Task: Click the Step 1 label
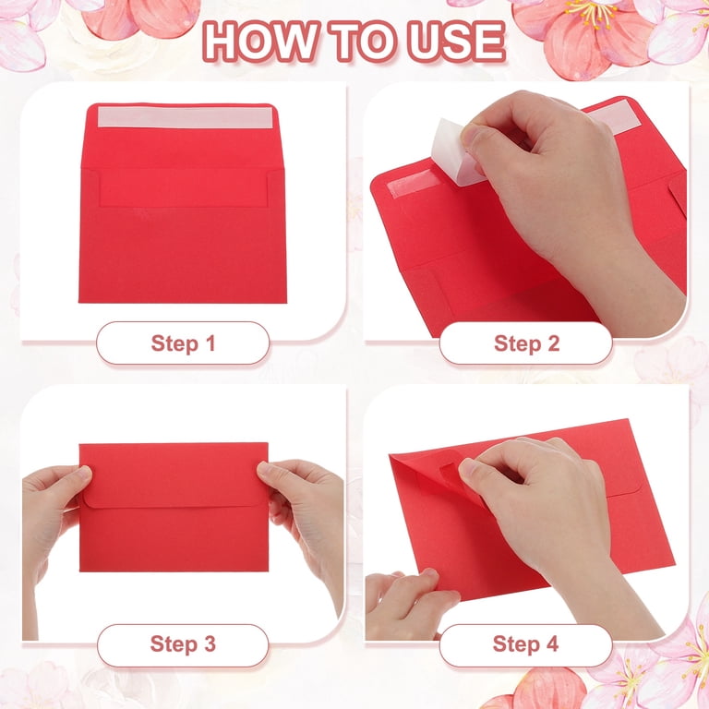(183, 343)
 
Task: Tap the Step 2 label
(527, 343)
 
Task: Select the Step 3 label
(183, 643)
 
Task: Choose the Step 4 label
(526, 643)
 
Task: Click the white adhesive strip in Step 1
(186, 117)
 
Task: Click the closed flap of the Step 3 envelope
(174, 475)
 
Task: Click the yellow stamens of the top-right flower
(591, 12)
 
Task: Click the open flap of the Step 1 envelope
(183, 136)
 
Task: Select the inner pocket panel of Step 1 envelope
(183, 187)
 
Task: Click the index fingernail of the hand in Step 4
(467, 467)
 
